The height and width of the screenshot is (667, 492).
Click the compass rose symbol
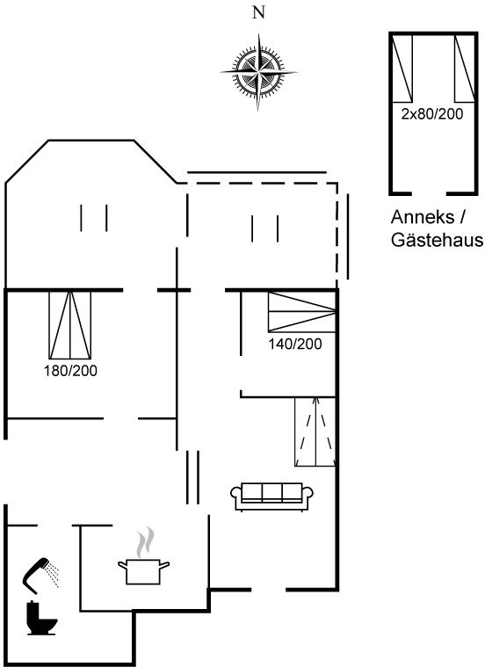tap(258, 72)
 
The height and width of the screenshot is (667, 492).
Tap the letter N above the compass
tap(258, 13)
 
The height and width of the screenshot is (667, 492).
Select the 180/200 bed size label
tap(70, 371)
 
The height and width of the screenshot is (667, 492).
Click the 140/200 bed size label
tap(294, 344)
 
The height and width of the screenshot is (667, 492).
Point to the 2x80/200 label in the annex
tap(432, 114)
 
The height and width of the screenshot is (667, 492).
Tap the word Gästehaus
tap(438, 240)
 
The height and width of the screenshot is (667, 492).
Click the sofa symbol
tap(272, 497)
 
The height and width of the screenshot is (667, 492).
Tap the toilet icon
tap(41, 618)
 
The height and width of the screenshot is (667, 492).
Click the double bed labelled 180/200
tap(70, 325)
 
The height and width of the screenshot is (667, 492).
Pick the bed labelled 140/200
tap(302, 312)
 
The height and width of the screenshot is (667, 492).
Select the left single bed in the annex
tap(402, 69)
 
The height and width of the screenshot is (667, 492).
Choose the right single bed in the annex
tap(465, 69)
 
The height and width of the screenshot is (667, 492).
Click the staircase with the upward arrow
tap(315, 431)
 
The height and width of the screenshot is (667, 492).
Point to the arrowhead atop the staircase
tap(315, 400)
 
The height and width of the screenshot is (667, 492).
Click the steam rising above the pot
tap(146, 542)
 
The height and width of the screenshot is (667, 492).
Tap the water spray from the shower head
tap(53, 574)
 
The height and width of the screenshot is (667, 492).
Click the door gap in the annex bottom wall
tap(429, 193)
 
